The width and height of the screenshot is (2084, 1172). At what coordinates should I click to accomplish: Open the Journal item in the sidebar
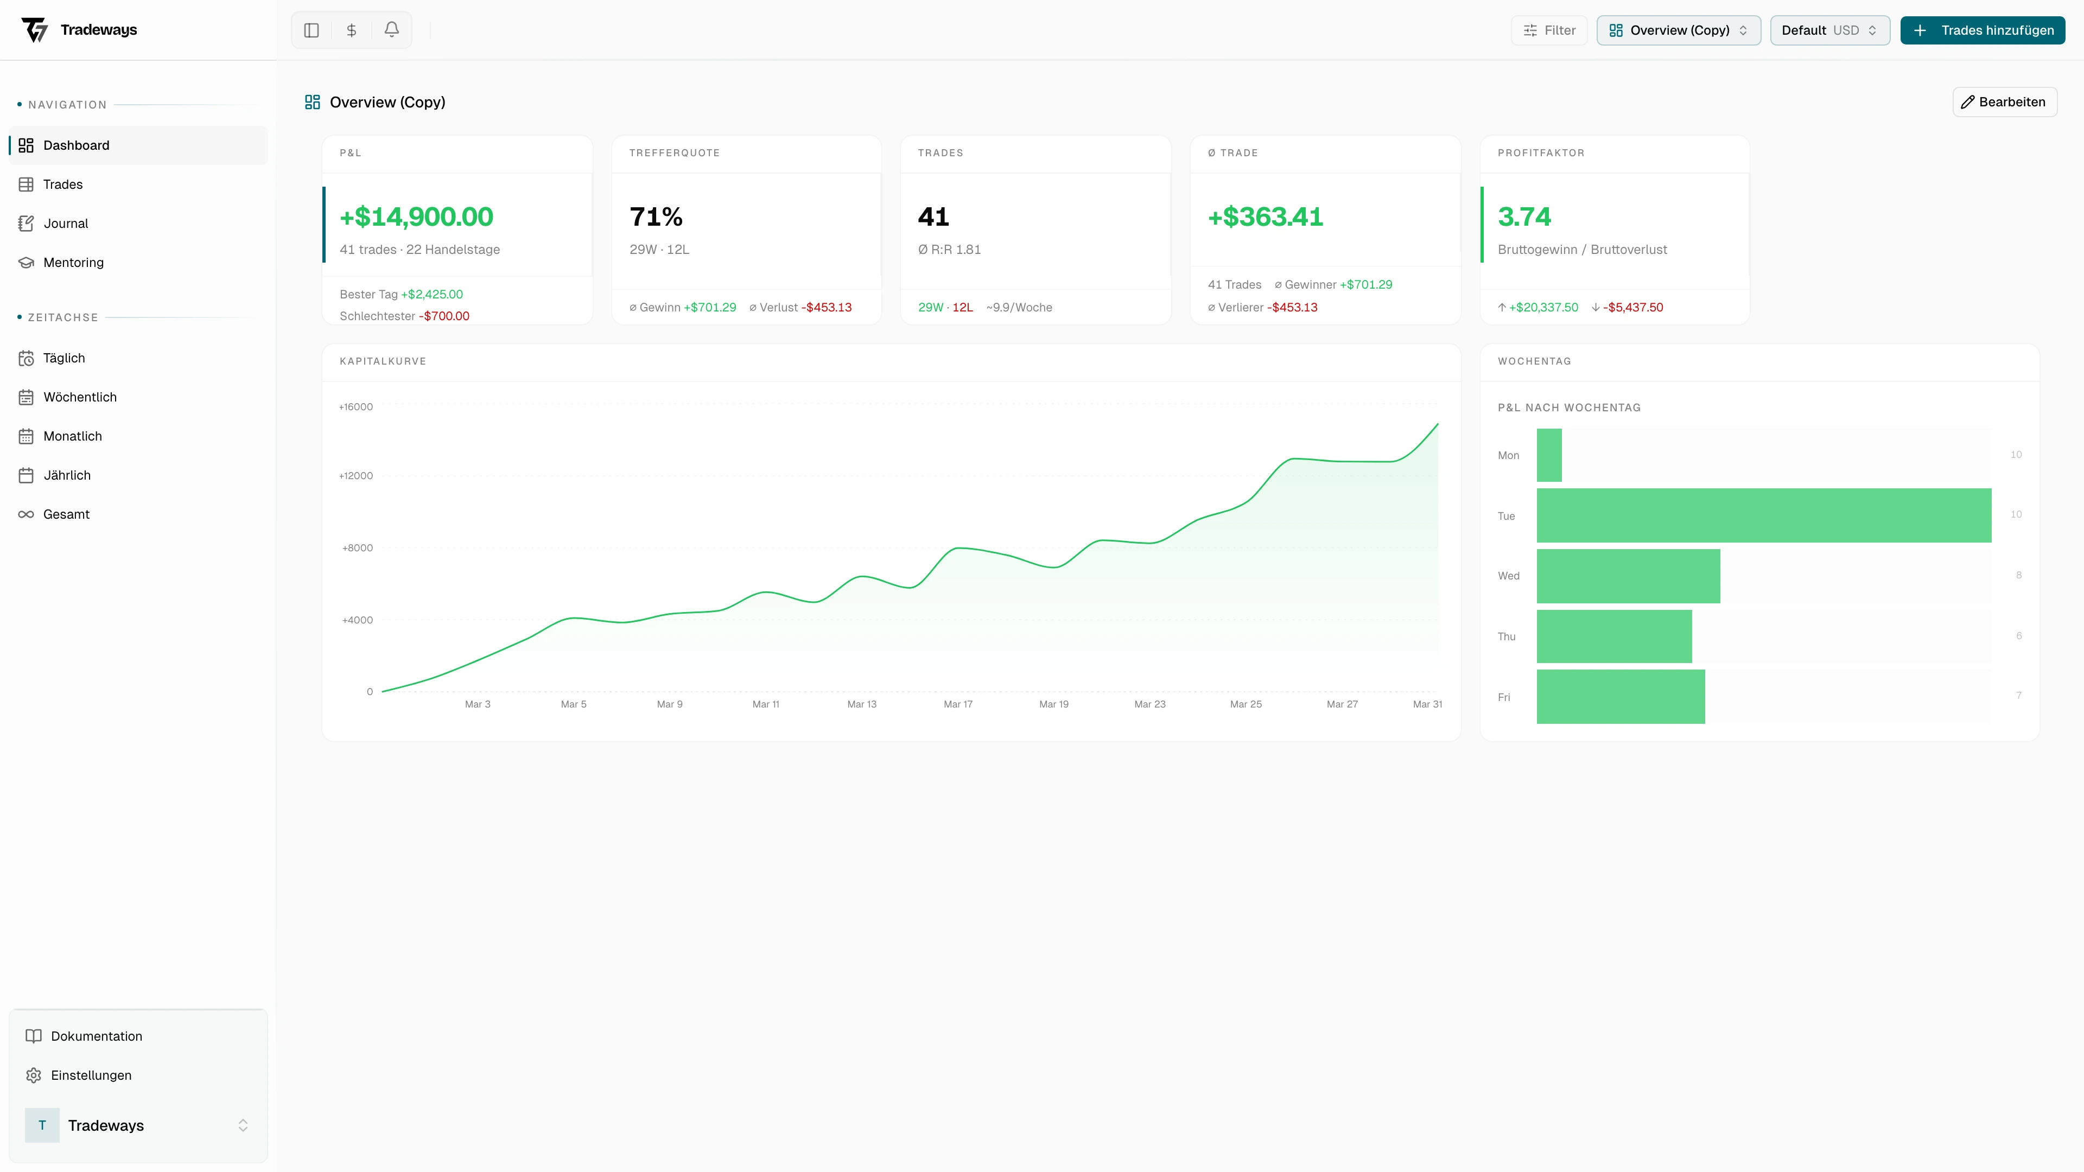click(x=66, y=223)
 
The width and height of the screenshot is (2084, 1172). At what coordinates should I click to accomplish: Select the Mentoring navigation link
click(x=73, y=262)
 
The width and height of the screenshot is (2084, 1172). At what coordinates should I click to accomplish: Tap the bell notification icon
click(x=391, y=30)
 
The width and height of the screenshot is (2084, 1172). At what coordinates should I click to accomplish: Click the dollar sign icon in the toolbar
click(x=351, y=30)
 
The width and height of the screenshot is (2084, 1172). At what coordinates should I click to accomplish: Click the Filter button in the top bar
click(x=1549, y=30)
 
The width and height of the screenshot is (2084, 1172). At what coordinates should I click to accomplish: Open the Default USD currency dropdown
click(x=1829, y=30)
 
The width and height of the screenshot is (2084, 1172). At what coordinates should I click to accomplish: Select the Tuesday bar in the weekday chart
click(x=1764, y=515)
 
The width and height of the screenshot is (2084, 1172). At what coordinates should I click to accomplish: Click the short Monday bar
click(x=1548, y=455)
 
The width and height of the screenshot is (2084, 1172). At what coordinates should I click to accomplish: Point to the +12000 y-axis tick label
click(x=356, y=476)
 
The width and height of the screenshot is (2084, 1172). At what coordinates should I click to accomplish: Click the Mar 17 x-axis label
click(x=958, y=704)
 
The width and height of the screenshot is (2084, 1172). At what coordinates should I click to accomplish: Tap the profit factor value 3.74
click(x=1524, y=217)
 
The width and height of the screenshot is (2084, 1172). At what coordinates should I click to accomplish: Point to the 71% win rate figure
click(x=656, y=217)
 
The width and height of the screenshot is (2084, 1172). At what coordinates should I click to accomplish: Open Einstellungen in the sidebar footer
click(x=91, y=1075)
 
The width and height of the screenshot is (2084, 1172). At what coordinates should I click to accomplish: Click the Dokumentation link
click(x=96, y=1036)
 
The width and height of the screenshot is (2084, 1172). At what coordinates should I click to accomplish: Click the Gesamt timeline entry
click(x=66, y=514)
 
